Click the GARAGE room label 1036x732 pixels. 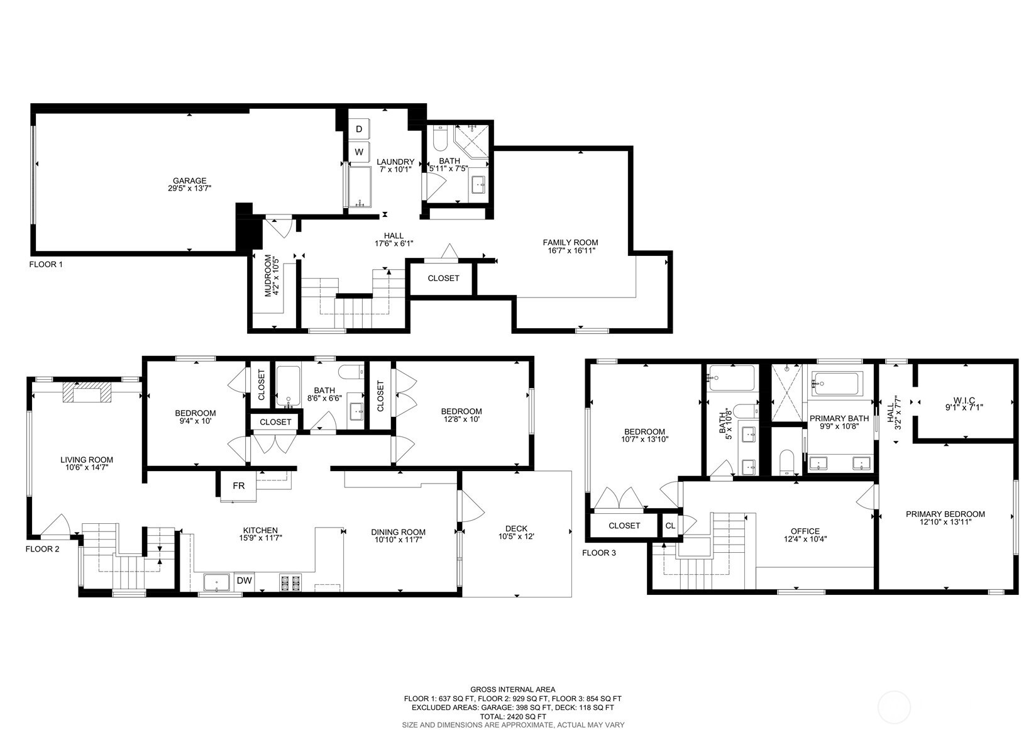point(189,181)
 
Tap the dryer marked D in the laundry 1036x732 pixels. point(359,129)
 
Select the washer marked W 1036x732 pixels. point(359,152)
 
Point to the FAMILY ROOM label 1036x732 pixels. point(570,242)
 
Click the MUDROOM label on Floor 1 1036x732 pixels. point(268,275)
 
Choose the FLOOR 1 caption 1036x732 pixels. point(46,265)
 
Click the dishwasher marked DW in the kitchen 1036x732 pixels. point(244,581)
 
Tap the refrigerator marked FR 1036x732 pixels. point(238,486)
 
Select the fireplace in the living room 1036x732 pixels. point(87,394)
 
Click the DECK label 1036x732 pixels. point(516,528)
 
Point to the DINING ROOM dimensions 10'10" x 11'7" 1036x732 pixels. point(398,540)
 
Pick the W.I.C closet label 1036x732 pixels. point(964,400)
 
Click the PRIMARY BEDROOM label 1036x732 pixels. point(945,514)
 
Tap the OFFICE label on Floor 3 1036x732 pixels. point(805,531)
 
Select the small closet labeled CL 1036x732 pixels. point(670,526)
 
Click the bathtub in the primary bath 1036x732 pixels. point(836,384)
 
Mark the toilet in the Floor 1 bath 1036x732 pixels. point(439,136)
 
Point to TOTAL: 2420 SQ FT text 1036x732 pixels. point(512,716)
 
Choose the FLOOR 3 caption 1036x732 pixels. point(599,553)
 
